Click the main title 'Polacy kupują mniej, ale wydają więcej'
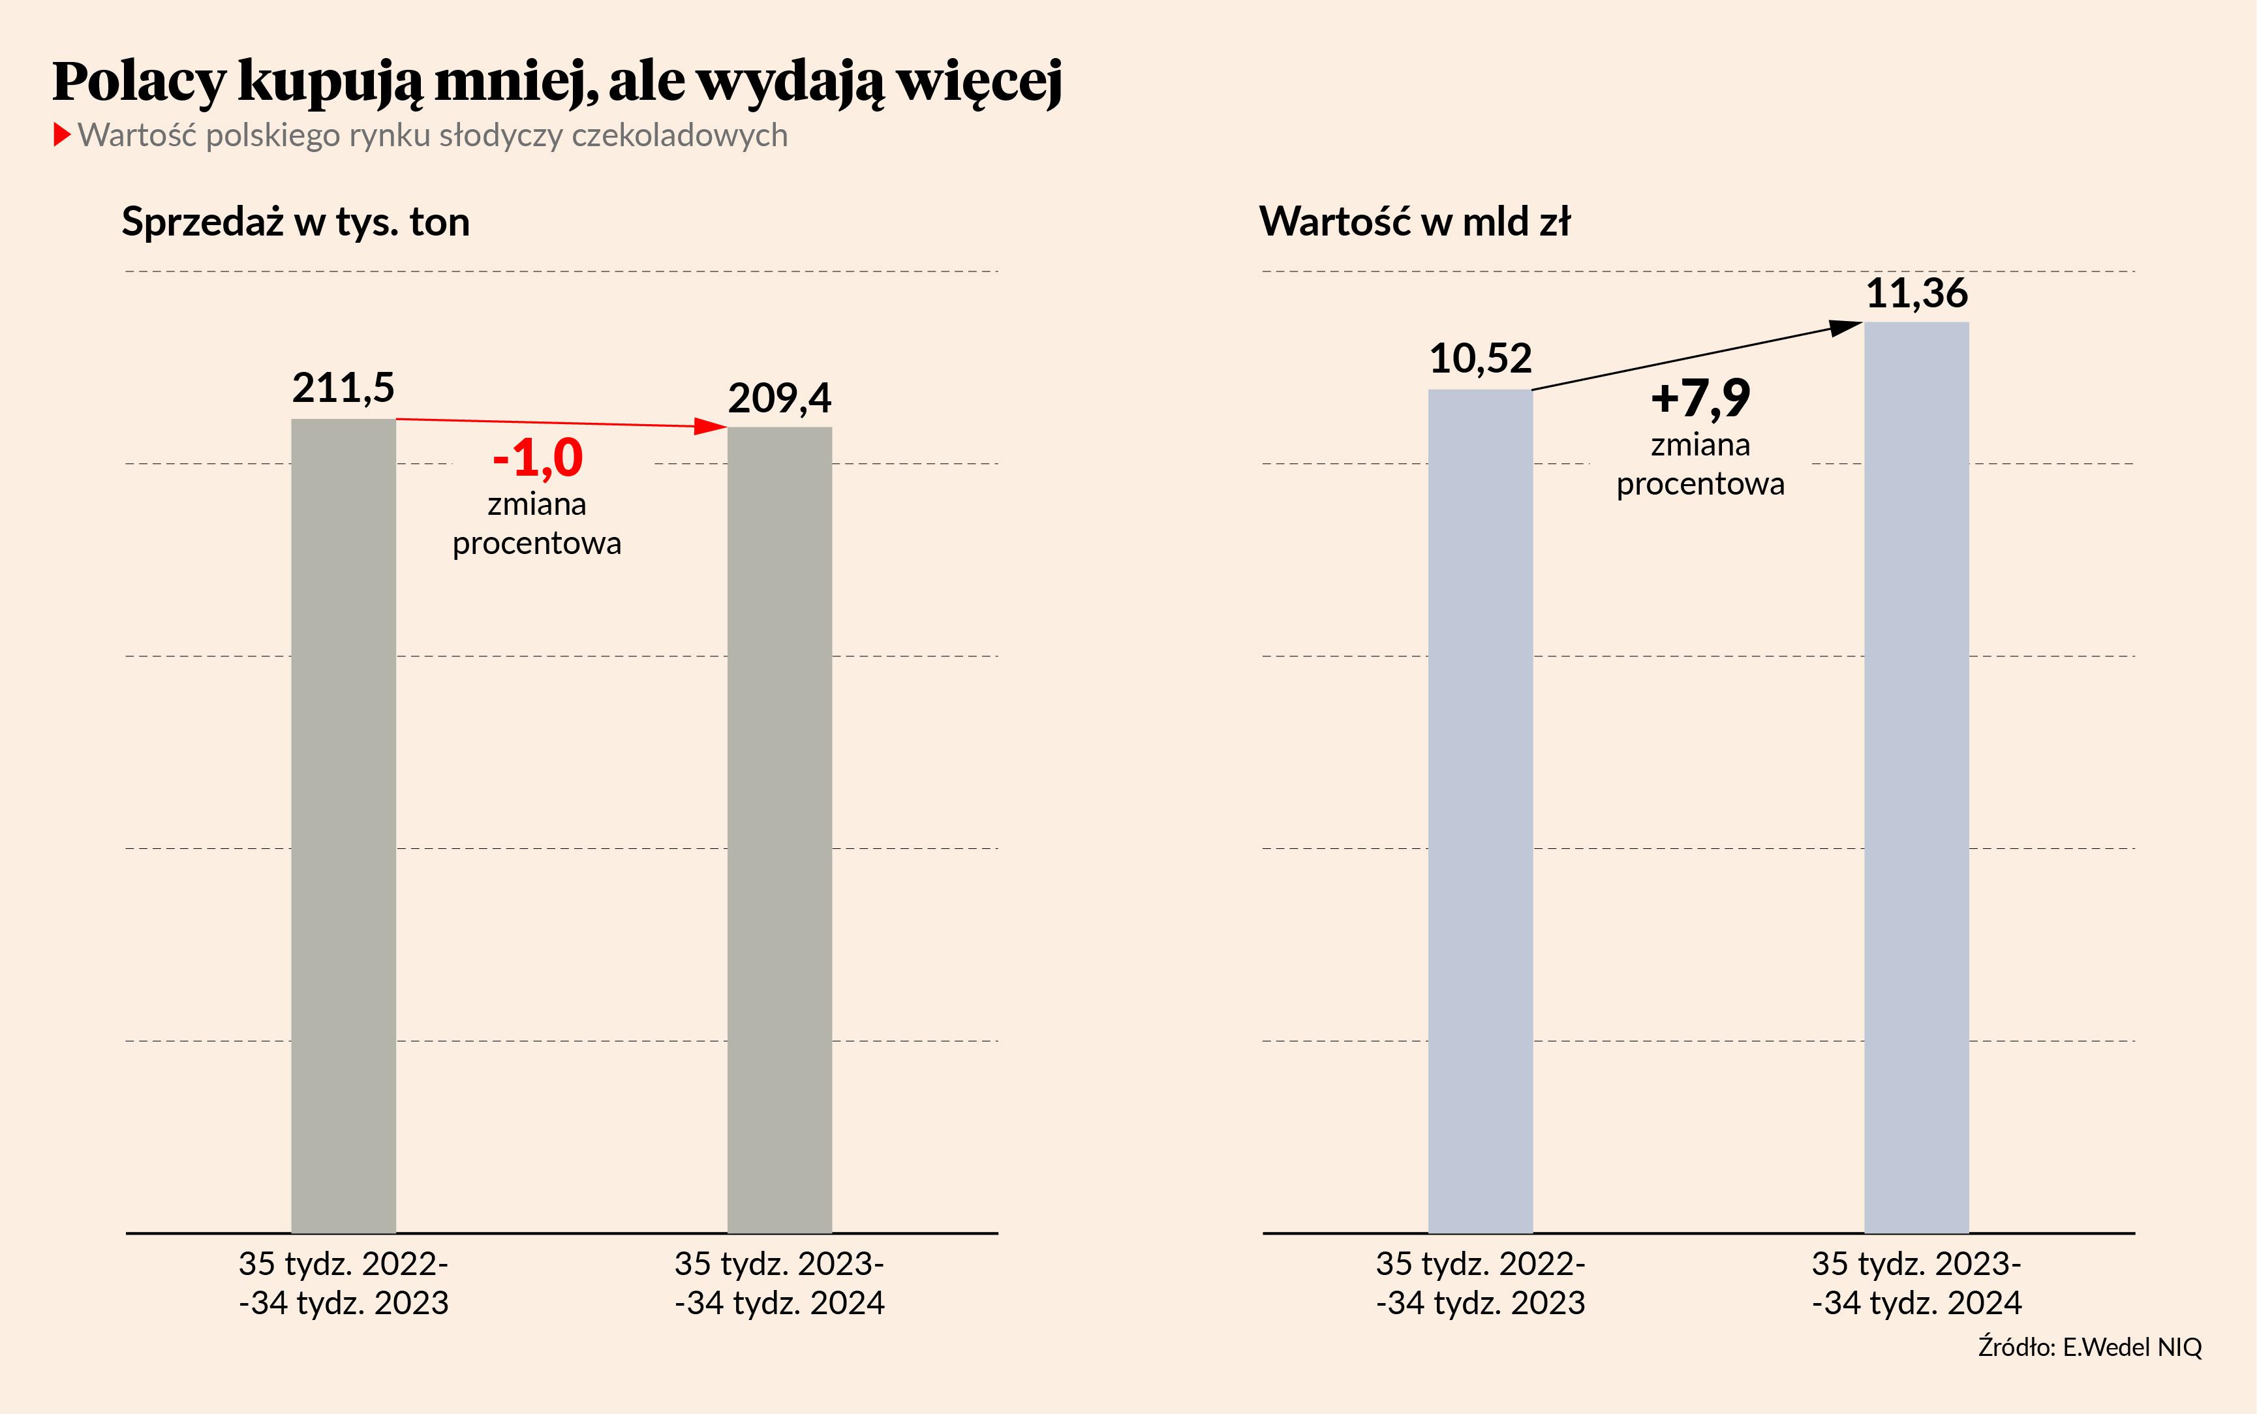coord(557,82)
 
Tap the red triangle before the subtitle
coord(62,134)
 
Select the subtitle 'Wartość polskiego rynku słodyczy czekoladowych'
coord(432,136)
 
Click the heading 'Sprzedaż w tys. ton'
coord(296,223)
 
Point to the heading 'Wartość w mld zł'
coord(1415,223)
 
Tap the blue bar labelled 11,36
coord(1916,777)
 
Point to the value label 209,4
coord(779,399)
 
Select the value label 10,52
coord(1480,359)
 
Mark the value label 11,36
coord(1916,294)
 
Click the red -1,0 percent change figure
coord(538,458)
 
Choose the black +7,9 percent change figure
coord(1700,399)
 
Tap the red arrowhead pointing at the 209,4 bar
coord(713,427)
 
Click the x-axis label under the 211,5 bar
coord(343,1283)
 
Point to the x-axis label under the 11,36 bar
coord(1916,1283)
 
